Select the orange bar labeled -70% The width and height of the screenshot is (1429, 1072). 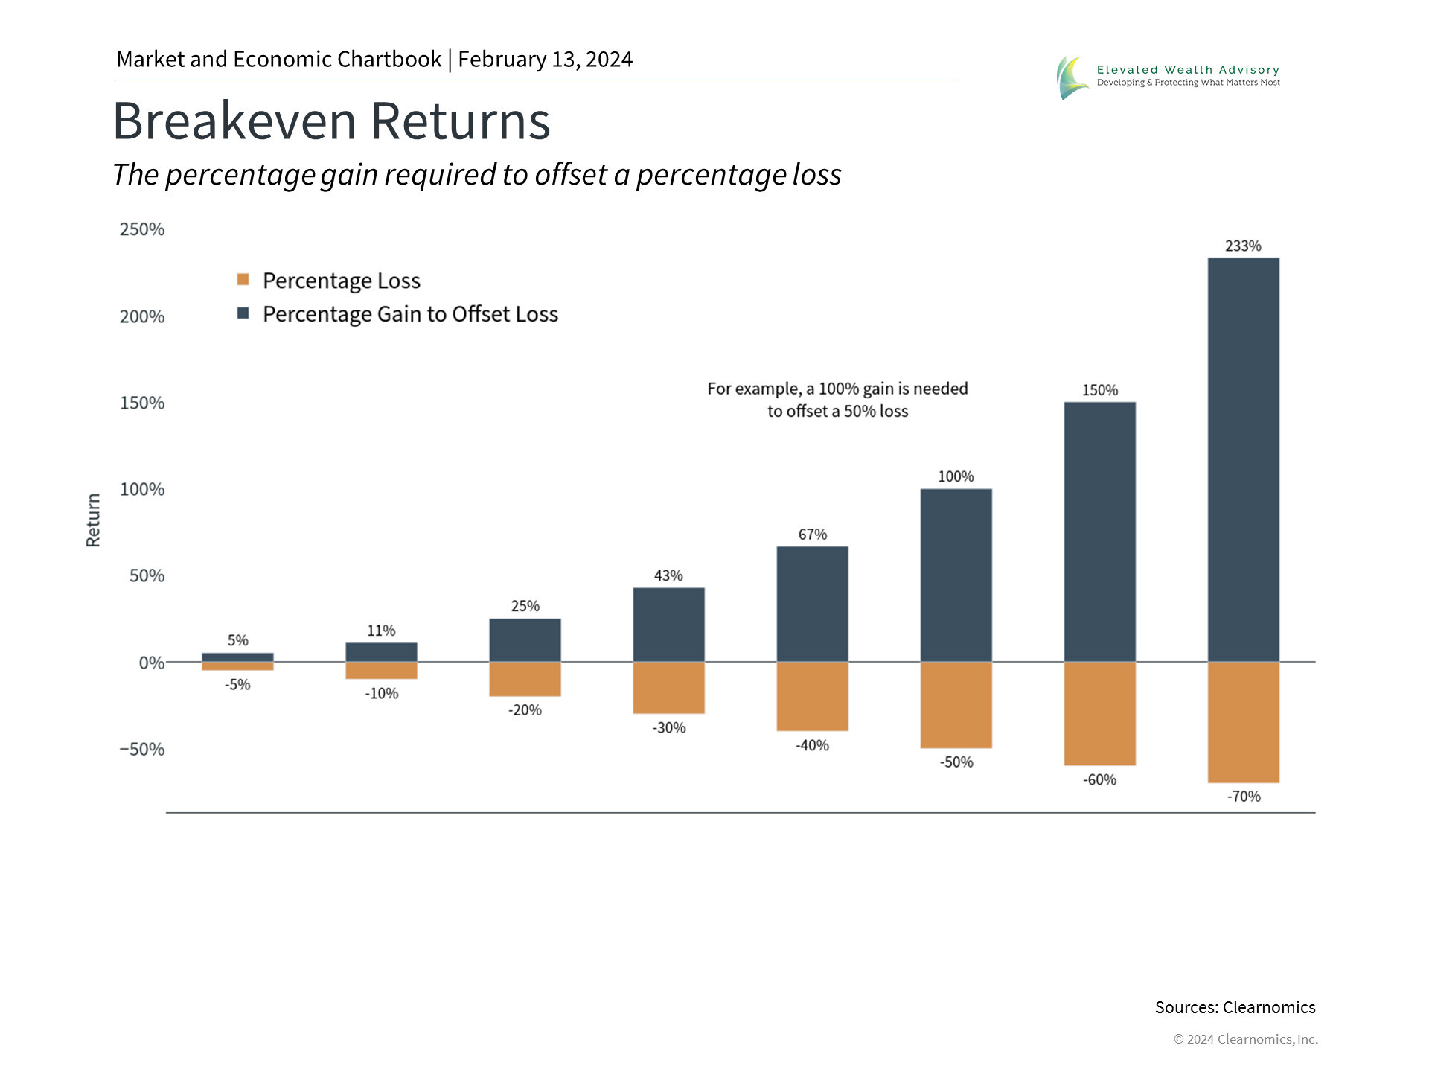tap(1243, 722)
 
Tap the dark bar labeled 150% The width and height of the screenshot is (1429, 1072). tap(1099, 532)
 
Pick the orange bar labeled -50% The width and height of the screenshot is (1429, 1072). tap(956, 705)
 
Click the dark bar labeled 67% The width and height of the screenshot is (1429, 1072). tap(812, 604)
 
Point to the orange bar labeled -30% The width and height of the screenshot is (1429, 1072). tap(668, 688)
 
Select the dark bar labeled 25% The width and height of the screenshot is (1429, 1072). tap(525, 640)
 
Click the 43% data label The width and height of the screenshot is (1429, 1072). tap(668, 575)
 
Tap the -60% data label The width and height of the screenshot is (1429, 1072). tap(1099, 779)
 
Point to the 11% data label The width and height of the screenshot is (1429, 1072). tap(381, 631)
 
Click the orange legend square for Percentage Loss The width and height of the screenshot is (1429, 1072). tap(243, 280)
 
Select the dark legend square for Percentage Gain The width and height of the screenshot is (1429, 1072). tap(243, 313)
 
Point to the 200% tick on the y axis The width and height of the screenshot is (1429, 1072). tap(142, 316)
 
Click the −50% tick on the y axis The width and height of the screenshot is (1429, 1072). tap(142, 749)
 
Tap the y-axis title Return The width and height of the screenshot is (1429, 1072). tap(93, 520)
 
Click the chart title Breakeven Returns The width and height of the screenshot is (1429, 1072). tap(331, 121)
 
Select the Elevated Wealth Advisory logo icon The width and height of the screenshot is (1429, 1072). tap(1072, 77)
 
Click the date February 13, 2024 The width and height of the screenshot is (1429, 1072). tap(545, 59)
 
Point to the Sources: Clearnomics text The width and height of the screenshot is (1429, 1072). tap(1235, 1007)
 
